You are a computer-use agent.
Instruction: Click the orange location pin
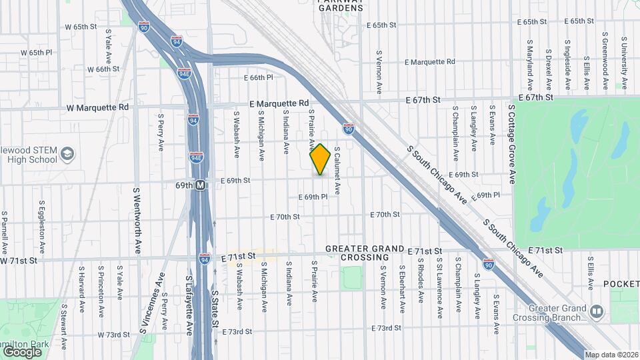[x=321, y=159]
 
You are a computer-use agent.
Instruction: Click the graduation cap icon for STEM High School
[x=67, y=155]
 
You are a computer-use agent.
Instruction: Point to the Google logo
[x=22, y=351]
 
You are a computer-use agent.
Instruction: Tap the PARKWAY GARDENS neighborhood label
[x=340, y=5]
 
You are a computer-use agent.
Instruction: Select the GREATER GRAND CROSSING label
[x=365, y=253]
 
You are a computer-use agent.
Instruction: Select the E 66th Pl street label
[x=259, y=78]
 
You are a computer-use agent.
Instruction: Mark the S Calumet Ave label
[x=337, y=171]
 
